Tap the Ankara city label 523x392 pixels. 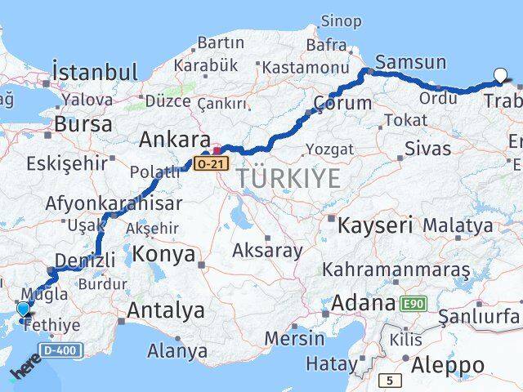(175, 139)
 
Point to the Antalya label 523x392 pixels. (166, 310)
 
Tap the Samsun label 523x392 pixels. (411, 62)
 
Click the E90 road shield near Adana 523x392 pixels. (413, 304)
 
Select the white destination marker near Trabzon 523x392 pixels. (500, 78)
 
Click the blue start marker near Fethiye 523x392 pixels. (24, 310)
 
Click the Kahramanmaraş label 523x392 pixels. (396, 269)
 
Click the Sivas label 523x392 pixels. (427, 149)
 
